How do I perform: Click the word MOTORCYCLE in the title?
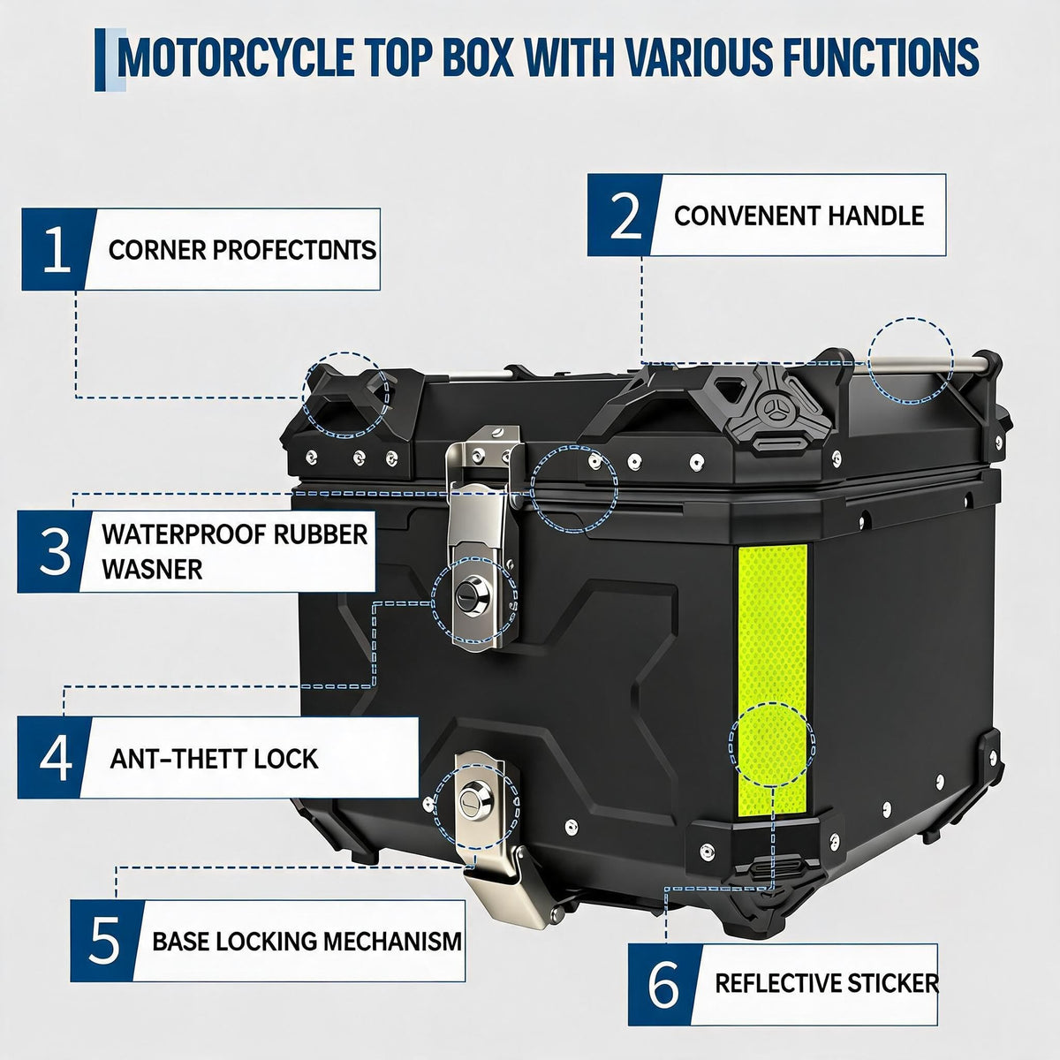tap(237, 57)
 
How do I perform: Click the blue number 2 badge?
tap(625, 215)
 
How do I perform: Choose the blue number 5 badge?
tap(104, 940)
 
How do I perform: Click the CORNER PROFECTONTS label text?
tap(242, 250)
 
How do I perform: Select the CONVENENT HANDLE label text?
tap(799, 216)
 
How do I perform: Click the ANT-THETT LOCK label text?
tap(214, 759)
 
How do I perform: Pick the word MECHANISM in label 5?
tap(392, 941)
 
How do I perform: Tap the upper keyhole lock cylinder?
tap(472, 597)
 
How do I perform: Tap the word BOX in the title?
tap(478, 57)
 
